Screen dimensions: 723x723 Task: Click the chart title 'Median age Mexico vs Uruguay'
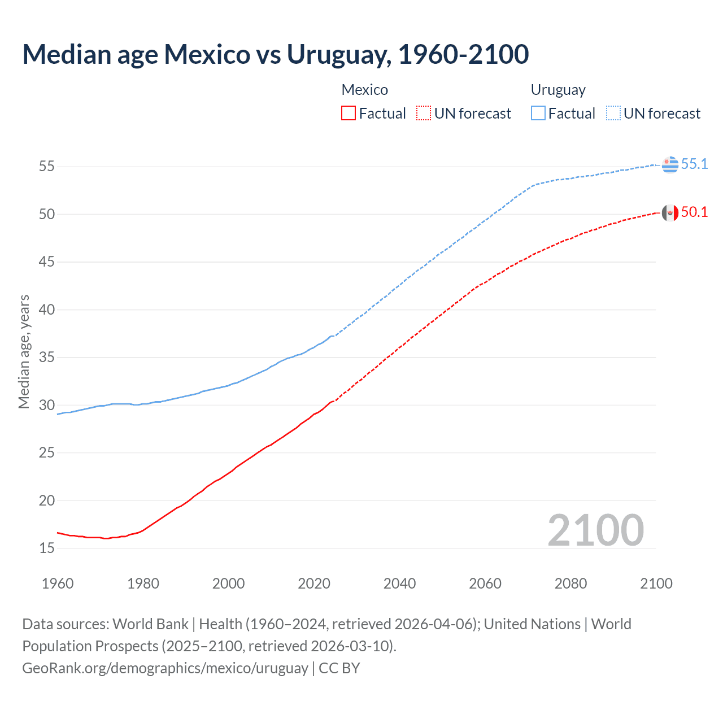coord(275,54)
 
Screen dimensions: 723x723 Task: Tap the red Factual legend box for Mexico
coord(349,114)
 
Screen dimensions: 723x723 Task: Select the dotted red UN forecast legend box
coord(424,114)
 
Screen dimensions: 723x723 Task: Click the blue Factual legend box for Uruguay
coord(538,114)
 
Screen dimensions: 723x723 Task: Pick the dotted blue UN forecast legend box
coord(613,114)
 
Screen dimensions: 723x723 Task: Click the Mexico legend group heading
coord(364,90)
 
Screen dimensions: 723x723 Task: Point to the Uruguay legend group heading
coord(558,90)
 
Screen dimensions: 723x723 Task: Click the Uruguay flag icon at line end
coord(670,164)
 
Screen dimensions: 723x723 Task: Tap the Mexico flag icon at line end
coord(670,212)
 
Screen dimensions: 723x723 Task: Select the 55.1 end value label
coord(694,164)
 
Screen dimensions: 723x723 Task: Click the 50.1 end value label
coord(694,212)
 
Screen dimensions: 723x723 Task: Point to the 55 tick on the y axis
coord(47,167)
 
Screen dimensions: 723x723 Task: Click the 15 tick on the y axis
coord(47,548)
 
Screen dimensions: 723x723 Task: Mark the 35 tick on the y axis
coord(47,358)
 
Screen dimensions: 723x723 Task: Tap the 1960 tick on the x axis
coord(58,583)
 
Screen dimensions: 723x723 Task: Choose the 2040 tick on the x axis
coord(399,583)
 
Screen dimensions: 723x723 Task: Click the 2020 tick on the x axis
coord(314,583)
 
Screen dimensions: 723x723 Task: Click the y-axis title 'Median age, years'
coord(24,351)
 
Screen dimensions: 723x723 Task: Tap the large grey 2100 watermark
coord(596,530)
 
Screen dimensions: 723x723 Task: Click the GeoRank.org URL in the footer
coord(165,668)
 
